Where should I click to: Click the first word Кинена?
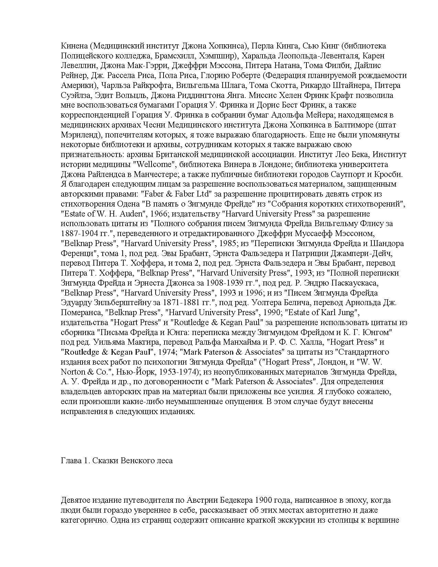click(72, 46)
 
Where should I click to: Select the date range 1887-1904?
click(82, 234)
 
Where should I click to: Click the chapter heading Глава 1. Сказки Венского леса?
click(116, 461)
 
